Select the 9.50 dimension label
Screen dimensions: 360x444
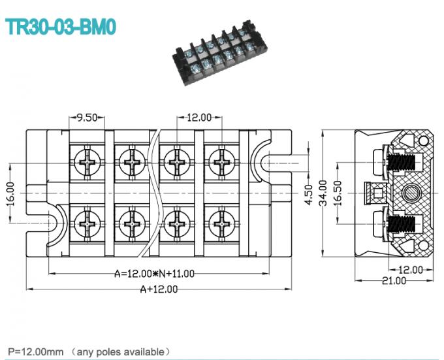pos(87,118)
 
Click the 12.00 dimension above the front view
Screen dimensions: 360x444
pos(199,118)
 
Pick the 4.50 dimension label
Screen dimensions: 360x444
pos(309,194)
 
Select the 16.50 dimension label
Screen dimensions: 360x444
pos(338,193)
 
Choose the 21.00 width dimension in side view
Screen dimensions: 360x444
pos(394,281)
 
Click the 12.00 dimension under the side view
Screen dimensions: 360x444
pos(411,269)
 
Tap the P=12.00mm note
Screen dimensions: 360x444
pos(89,352)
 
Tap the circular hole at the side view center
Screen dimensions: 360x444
pos(412,193)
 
